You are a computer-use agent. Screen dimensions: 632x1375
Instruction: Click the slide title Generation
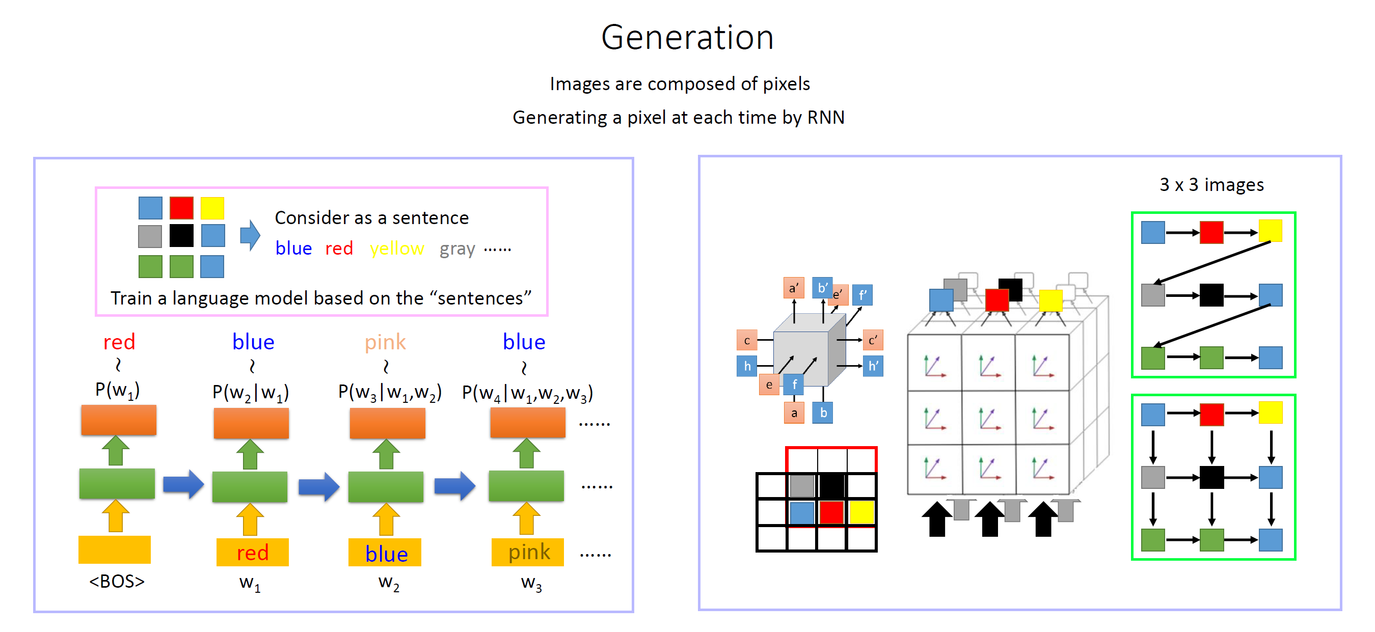[x=687, y=37]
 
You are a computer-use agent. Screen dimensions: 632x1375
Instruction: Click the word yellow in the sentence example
[x=396, y=249]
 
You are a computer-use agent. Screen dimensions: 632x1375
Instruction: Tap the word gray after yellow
[x=457, y=249]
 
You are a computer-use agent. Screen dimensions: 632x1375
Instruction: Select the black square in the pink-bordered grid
[x=181, y=235]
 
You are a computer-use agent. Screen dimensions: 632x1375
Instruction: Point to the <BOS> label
[x=117, y=581]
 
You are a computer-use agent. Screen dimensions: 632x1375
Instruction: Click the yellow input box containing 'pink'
[x=527, y=552]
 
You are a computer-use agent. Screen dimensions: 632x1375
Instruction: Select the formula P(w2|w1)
[x=250, y=392]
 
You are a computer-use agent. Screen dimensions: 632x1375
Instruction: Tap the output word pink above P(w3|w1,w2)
[x=385, y=342]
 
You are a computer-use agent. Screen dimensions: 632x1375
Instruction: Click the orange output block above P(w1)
[x=119, y=420]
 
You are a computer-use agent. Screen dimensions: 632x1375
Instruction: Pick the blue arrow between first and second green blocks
[x=183, y=484]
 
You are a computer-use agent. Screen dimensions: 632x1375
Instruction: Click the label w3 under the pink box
[x=531, y=583]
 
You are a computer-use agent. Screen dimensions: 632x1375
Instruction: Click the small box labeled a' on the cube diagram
[x=794, y=288]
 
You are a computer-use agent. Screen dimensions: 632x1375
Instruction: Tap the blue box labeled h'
[x=873, y=366]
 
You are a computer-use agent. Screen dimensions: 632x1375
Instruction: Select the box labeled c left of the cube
[x=747, y=340]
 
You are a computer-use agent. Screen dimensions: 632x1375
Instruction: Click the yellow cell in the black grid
[x=861, y=512]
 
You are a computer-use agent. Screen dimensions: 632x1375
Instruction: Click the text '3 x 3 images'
[x=1211, y=185]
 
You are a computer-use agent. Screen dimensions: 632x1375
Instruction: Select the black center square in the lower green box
[x=1211, y=477]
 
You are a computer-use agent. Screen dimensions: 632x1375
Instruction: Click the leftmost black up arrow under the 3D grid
[x=937, y=519]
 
